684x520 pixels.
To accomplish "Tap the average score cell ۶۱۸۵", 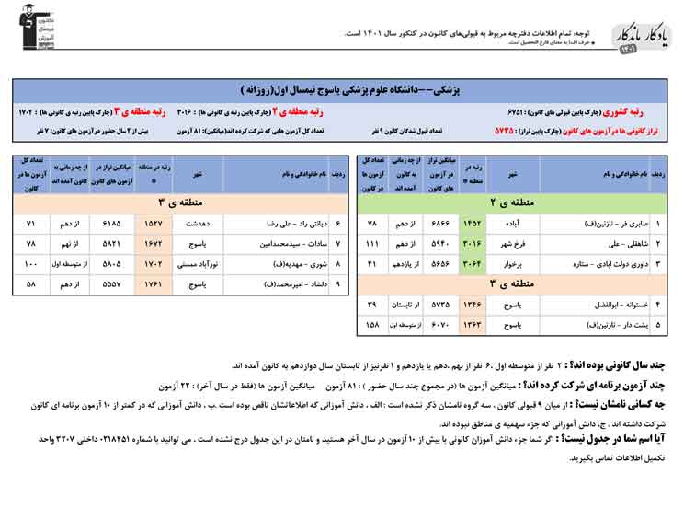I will pyautogui.click(x=111, y=224).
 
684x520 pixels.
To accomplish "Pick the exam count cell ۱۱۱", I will pyautogui.click(x=373, y=243).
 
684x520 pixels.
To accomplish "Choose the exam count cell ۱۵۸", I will pyautogui.click(x=373, y=325).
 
